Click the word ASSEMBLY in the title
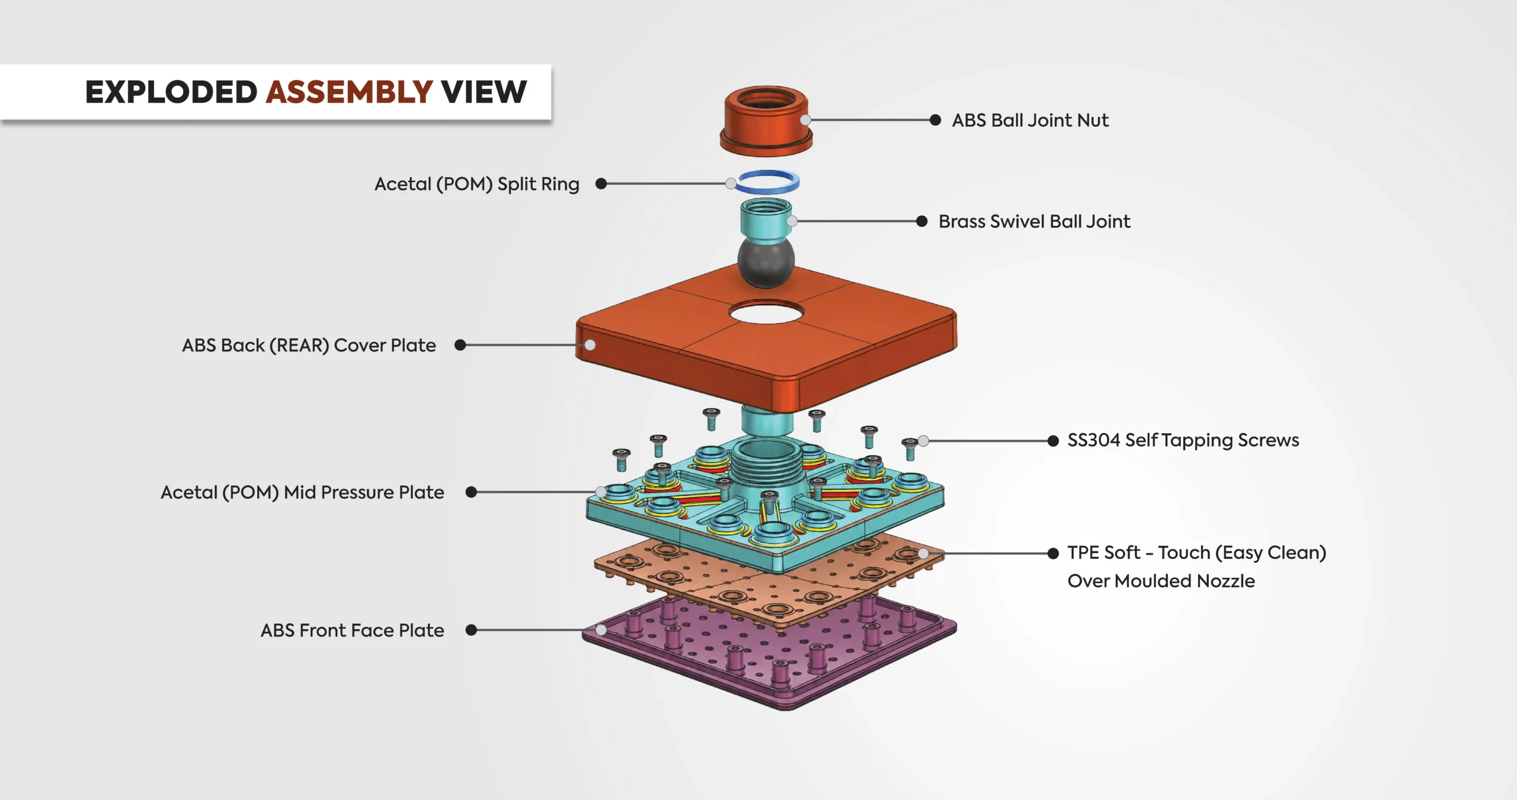tap(349, 92)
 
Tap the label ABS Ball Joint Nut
tap(1030, 120)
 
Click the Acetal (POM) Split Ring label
tap(476, 184)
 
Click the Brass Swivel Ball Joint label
tap(1034, 222)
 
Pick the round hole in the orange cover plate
tap(766, 312)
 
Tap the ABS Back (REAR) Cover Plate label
tap(309, 345)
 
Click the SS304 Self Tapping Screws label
tap(1183, 440)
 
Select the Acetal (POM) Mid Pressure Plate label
tap(302, 492)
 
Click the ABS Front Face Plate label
tap(352, 631)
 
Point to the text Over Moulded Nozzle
tap(1161, 581)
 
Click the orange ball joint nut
tap(766, 121)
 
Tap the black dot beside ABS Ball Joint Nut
tap(935, 120)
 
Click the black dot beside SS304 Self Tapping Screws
tap(1053, 441)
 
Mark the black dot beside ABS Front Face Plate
tap(471, 630)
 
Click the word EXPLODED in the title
tap(171, 92)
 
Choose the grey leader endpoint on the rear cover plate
tap(590, 345)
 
